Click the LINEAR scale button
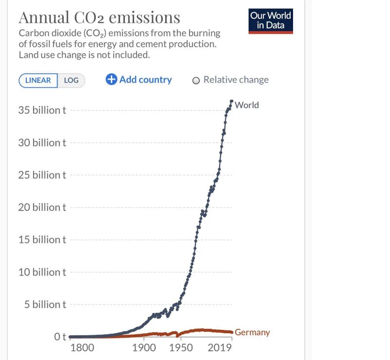coord(38,80)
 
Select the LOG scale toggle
coord(71,80)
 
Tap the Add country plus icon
coord(111,80)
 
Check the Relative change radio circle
coord(196,80)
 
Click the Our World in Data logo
coord(271,20)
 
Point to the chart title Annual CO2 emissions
coord(99,18)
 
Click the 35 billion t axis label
coord(42,110)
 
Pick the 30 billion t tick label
coord(42,142)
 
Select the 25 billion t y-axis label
coord(42,175)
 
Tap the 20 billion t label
coord(42,207)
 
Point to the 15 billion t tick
coord(42,240)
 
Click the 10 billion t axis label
coord(42,272)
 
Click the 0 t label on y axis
coord(60,337)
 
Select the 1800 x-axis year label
coord(82,348)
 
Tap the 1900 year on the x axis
coord(144,348)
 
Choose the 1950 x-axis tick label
coord(181,348)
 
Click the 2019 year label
coord(219,348)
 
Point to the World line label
coord(247,105)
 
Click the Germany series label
coord(252,332)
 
